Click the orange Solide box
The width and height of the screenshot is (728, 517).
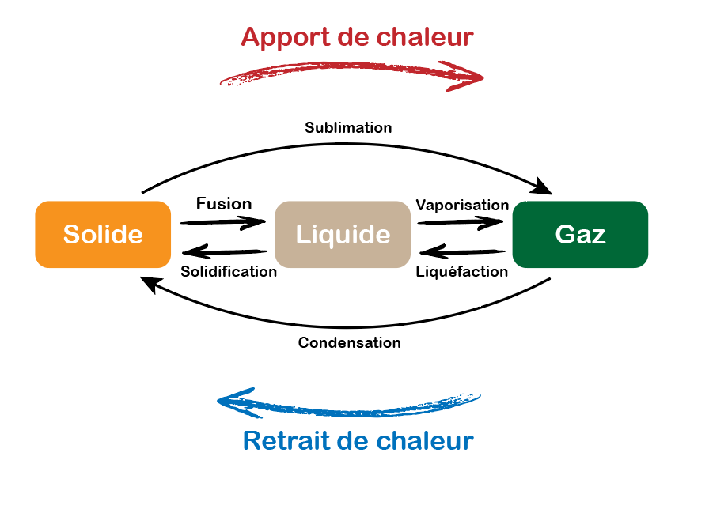point(103,235)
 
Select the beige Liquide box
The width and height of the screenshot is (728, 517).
point(343,235)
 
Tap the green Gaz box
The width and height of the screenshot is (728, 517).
point(580,235)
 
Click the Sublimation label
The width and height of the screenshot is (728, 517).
point(348,127)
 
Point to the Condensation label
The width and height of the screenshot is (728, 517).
point(349,343)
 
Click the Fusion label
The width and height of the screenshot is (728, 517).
point(224,204)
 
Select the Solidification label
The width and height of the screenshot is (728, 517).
point(229,272)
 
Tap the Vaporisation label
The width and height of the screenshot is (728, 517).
point(462,206)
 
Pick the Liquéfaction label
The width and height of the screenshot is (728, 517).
point(462,272)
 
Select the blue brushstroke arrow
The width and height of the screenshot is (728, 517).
point(348,404)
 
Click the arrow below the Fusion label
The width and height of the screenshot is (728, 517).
point(224,222)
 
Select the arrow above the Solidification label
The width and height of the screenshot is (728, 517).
point(226,253)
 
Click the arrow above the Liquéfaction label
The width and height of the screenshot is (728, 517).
point(462,253)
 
